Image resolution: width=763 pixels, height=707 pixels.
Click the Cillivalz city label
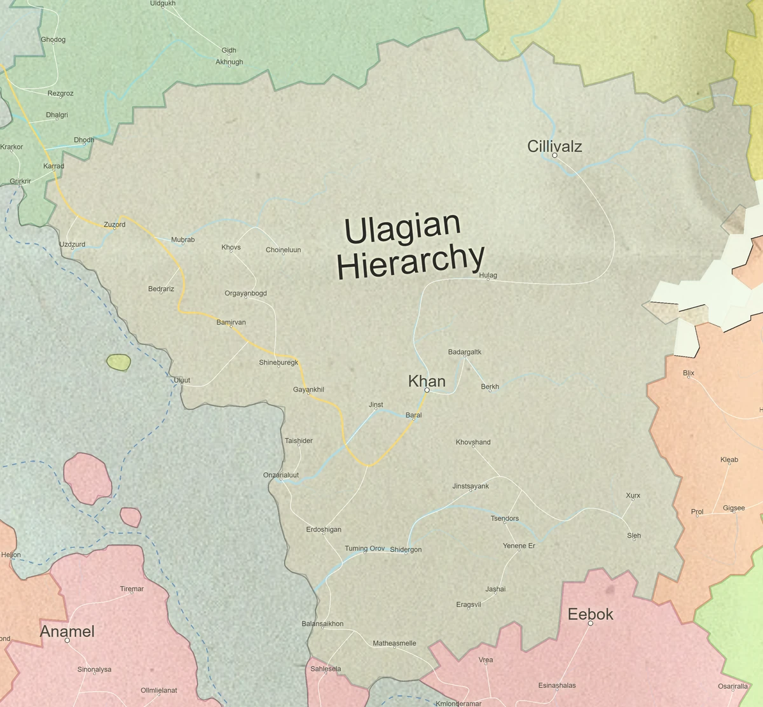(554, 146)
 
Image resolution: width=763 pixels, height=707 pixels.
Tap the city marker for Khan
(427, 390)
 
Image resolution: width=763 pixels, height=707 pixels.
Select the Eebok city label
(590, 614)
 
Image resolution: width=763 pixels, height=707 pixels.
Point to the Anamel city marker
(67, 640)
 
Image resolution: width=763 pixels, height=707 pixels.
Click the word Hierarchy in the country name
(410, 262)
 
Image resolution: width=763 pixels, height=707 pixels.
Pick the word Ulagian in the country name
(402, 228)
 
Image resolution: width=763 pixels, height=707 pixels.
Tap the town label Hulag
(488, 276)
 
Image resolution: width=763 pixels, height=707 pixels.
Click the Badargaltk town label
(465, 352)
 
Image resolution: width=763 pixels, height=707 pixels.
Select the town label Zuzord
(114, 225)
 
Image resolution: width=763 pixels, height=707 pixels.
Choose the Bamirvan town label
(231, 323)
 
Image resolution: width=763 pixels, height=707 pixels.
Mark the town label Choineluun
(283, 250)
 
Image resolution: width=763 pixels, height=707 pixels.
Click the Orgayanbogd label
(245, 293)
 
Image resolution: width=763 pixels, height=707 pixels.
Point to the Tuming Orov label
(365, 549)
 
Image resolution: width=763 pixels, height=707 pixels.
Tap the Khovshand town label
(473, 442)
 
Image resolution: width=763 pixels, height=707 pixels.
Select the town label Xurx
(633, 496)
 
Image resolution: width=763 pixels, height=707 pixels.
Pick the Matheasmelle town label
(394, 643)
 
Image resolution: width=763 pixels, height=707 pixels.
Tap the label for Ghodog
(53, 39)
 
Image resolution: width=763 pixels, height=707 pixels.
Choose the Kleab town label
(729, 460)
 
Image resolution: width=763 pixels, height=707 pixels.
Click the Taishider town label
(298, 441)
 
